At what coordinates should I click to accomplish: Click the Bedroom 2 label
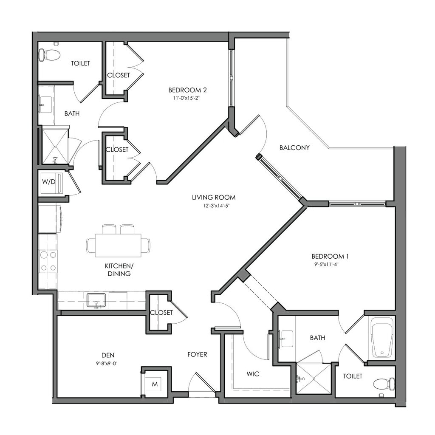pos(187,90)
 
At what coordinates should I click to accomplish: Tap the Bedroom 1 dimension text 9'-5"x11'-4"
pos(330,264)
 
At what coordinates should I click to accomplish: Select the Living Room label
pos(213,198)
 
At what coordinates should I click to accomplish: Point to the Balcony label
pos(294,148)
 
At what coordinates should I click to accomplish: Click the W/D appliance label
pos(48,182)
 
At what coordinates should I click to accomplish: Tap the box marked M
pos(155,384)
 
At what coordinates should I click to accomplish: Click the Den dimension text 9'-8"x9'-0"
pos(108,363)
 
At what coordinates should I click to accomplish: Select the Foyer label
pos(197,354)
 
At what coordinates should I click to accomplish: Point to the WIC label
pos(253,374)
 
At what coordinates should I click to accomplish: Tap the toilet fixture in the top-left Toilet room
pos(49,55)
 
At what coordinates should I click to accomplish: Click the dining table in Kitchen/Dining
pos(118,245)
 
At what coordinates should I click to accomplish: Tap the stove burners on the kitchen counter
pos(48,261)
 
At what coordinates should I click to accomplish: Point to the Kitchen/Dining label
pos(118,270)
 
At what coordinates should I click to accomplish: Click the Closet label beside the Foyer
pos(161,313)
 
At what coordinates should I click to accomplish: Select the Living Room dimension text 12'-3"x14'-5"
pos(213,206)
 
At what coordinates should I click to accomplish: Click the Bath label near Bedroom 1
pos(317,338)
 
